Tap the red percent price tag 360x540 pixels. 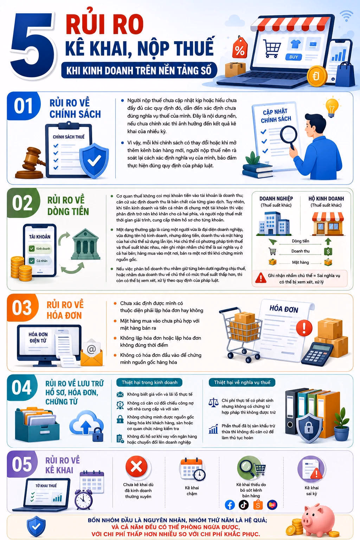240,48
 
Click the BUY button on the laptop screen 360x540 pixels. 294,57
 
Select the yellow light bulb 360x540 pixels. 332,107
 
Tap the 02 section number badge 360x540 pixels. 23,202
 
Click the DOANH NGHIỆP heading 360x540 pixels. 276,199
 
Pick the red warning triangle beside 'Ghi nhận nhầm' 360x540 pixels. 261,278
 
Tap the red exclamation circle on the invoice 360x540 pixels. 304,328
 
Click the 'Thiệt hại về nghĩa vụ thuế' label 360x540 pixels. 242,382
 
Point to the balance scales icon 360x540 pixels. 213,402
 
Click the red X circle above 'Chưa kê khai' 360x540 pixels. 136,467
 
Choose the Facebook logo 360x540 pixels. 230,504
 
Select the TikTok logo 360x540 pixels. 244,504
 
